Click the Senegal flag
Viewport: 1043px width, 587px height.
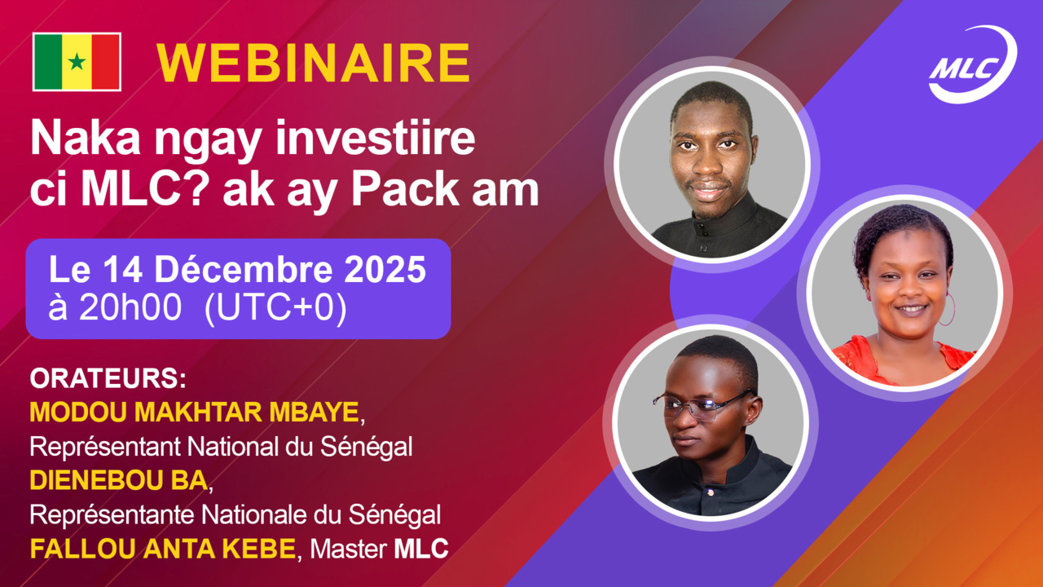77,61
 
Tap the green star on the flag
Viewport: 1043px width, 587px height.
77,62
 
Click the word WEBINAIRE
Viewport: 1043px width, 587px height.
314,63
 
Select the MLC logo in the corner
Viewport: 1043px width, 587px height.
973,65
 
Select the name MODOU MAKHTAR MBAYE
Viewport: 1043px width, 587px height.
194,413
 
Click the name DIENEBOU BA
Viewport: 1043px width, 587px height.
118,481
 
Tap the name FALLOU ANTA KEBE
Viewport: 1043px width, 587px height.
162,549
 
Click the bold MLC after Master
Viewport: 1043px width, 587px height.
421,549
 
